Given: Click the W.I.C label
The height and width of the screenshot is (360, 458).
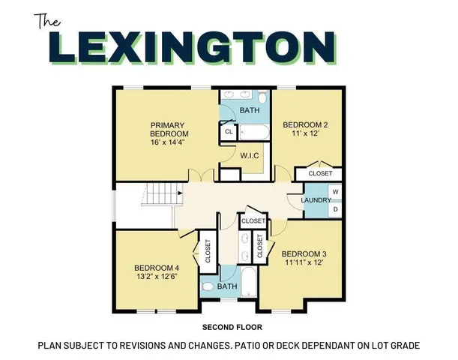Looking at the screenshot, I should click(249, 156).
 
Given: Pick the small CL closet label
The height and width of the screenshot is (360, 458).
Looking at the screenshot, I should click(228, 132).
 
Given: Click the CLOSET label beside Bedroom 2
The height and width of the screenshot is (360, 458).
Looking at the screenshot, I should click(319, 173).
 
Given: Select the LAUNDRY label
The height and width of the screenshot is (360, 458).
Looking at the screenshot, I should click(315, 200).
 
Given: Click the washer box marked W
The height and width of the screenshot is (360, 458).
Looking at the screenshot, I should click(335, 193).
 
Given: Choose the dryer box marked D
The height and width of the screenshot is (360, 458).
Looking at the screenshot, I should click(335, 209).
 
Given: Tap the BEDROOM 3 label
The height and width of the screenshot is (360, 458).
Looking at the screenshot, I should click(304, 254).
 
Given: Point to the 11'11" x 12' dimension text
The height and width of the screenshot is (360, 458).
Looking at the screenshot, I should click(304, 263).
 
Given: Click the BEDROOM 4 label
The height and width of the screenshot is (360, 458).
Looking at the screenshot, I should click(157, 268).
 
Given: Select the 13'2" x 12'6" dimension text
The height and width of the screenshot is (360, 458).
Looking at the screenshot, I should click(157, 277).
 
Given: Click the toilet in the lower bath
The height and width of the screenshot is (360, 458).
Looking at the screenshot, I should click(207, 286).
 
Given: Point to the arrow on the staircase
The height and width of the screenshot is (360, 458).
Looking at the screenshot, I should click(180, 193).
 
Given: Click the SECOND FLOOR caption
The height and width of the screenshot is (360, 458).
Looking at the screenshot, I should click(231, 328).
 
